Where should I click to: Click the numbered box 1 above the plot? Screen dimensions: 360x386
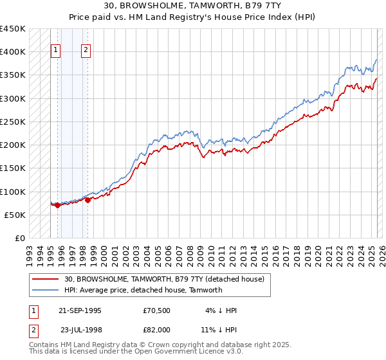(55, 51)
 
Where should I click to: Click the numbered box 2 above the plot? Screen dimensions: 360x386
(86, 51)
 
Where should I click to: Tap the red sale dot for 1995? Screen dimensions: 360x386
(57, 206)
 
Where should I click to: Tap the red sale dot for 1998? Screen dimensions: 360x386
(87, 200)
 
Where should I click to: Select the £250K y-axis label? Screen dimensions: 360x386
(13, 122)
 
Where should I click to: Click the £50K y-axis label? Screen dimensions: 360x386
(15, 215)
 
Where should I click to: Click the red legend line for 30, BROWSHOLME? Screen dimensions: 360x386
(45, 279)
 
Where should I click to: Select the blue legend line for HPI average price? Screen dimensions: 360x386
(45, 290)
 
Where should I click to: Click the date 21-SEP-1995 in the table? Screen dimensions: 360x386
(80, 310)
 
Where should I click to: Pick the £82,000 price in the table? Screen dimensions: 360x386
(156, 329)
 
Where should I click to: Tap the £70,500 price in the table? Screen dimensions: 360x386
(156, 310)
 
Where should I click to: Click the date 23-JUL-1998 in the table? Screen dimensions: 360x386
(80, 329)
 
